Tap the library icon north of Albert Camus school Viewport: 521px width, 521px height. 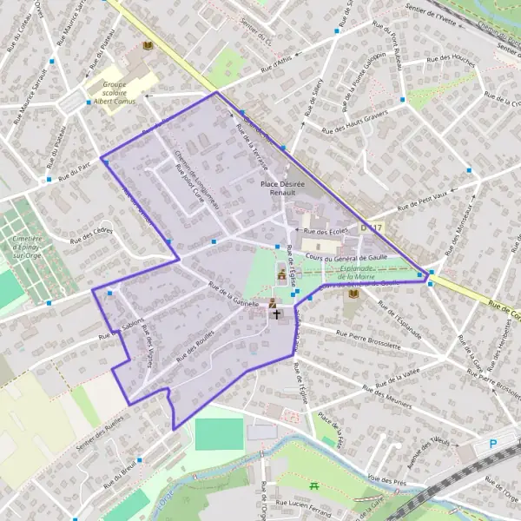point(148,45)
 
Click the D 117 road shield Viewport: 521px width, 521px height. point(372,228)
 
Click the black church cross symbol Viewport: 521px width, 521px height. point(277,313)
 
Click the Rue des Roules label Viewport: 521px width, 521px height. point(195,347)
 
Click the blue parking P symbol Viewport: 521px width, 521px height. point(492,443)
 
